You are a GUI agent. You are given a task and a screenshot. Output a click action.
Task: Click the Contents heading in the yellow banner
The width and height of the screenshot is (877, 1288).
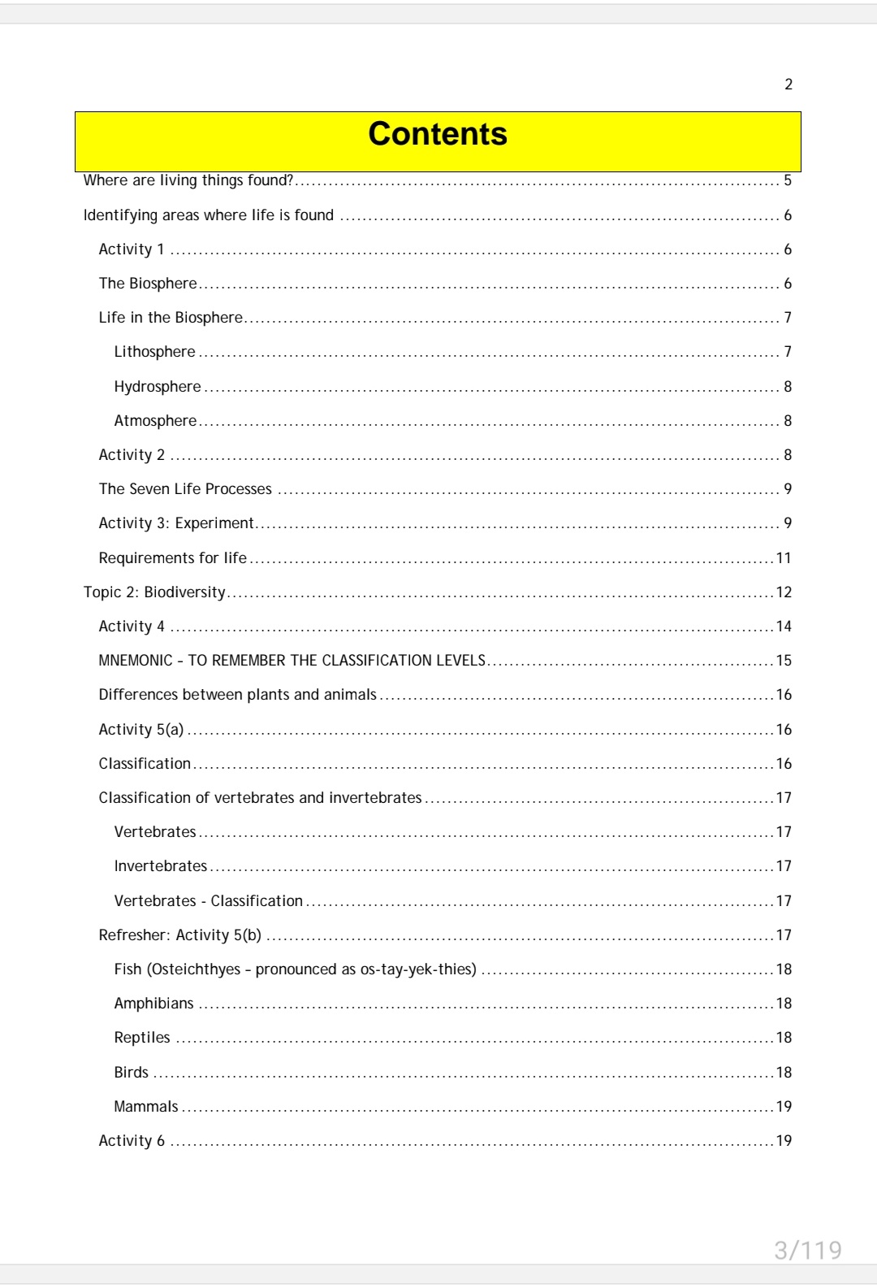(x=438, y=134)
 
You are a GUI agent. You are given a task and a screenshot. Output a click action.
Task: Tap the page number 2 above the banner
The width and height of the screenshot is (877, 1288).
(x=788, y=85)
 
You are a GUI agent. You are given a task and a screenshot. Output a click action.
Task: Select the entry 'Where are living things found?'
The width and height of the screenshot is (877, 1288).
(x=188, y=180)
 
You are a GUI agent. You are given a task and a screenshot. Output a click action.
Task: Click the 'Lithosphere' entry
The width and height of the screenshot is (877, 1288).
(x=154, y=352)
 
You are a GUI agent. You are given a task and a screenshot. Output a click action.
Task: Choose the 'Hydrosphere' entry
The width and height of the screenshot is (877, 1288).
(x=157, y=387)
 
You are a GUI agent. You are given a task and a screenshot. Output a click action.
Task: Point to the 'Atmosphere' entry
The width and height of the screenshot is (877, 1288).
(x=155, y=421)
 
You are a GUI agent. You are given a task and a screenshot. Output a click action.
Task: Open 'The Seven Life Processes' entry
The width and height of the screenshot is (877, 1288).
(x=185, y=489)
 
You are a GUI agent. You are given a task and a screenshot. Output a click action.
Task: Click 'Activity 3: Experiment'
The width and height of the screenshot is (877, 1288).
(x=176, y=523)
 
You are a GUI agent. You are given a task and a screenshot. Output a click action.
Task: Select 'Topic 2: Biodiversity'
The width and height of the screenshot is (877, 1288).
(x=154, y=592)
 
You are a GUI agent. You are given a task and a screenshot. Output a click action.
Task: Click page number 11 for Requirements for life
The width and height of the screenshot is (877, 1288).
(x=784, y=558)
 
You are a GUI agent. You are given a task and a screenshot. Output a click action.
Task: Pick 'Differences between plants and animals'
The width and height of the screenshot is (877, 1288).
(x=237, y=695)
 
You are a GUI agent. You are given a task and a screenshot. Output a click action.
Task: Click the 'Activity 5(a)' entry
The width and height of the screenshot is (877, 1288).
(x=141, y=730)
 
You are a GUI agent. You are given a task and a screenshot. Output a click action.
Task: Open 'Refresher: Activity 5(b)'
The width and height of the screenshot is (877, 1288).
(x=179, y=935)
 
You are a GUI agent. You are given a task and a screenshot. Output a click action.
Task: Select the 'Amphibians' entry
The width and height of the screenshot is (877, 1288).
(x=153, y=1004)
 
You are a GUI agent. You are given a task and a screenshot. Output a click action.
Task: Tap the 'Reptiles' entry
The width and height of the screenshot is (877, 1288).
(x=142, y=1038)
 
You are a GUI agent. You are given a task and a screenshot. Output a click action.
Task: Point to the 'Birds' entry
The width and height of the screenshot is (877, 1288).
(x=131, y=1073)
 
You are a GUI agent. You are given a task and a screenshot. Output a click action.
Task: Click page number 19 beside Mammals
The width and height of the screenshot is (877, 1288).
(x=784, y=1107)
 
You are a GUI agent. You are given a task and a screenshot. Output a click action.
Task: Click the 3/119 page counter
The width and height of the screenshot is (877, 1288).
(x=807, y=1250)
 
